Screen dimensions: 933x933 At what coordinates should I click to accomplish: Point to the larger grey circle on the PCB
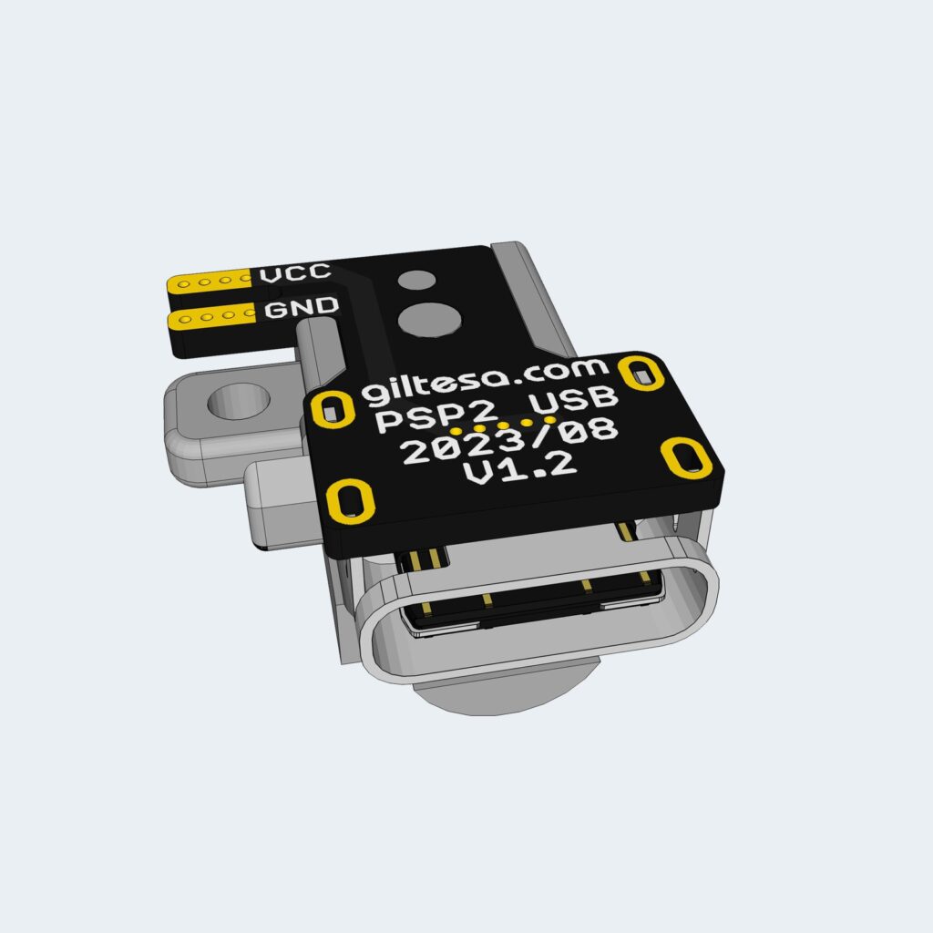coord(428,319)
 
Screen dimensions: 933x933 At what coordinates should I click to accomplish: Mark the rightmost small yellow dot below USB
coord(549,420)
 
